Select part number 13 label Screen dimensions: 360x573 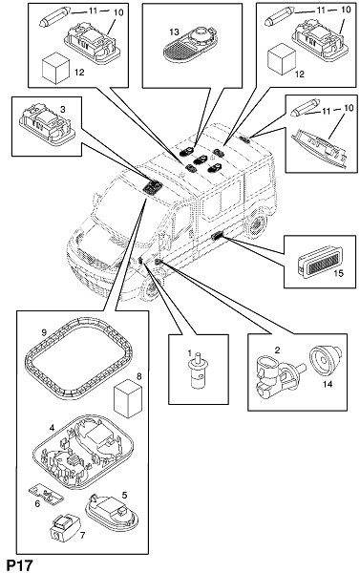point(175,32)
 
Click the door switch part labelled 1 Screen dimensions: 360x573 point(198,373)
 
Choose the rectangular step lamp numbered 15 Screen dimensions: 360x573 point(320,262)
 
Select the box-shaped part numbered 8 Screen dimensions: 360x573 point(128,399)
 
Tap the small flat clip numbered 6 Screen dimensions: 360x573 point(46,494)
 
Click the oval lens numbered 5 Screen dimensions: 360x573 point(112,512)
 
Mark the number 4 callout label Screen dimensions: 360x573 point(53,427)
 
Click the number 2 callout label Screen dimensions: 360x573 point(278,350)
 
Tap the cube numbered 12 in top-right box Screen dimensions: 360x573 point(282,59)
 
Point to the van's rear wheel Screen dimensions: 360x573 point(256,224)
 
